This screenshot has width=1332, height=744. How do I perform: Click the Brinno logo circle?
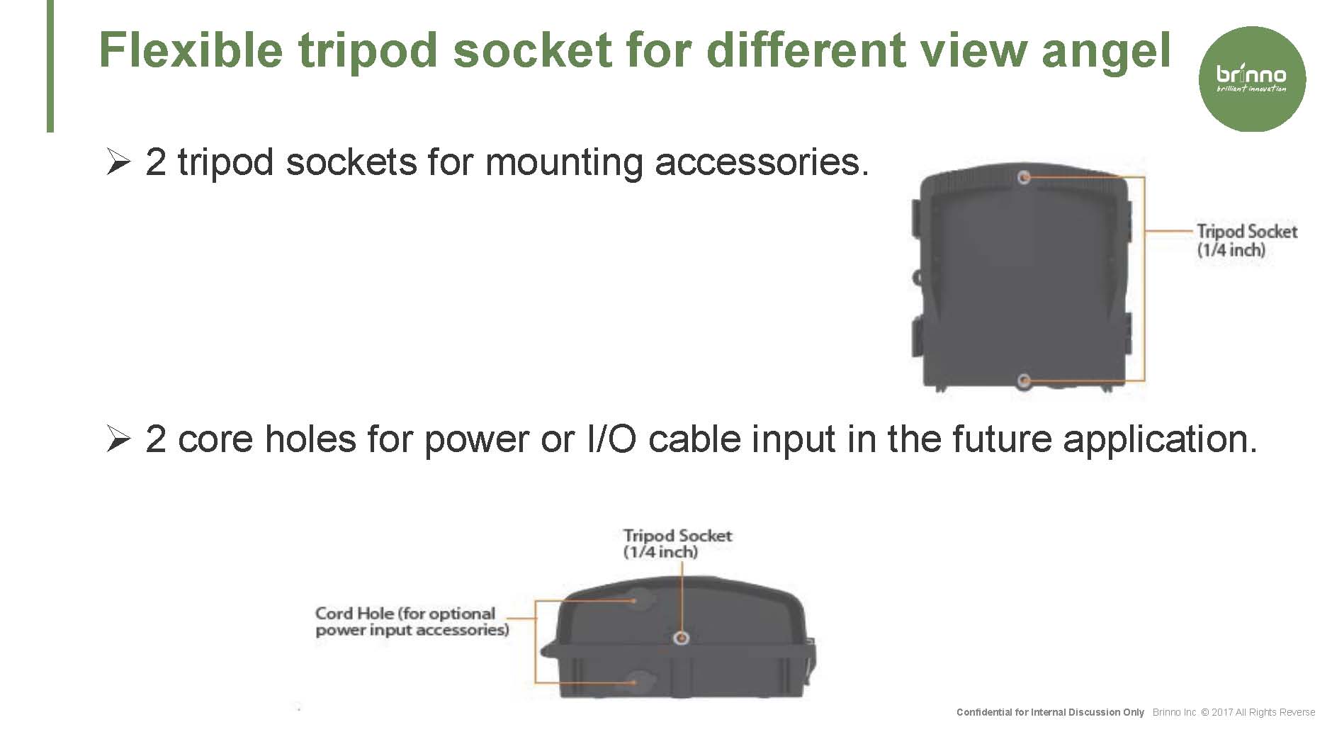(1252, 79)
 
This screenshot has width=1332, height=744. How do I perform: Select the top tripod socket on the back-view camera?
(1024, 177)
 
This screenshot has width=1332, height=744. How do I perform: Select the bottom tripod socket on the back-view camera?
(1024, 381)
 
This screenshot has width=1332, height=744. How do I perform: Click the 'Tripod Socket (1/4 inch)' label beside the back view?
(1247, 240)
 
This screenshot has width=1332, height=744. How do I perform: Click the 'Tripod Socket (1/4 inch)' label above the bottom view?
(677, 543)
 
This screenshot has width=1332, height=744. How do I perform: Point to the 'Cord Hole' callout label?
(412, 621)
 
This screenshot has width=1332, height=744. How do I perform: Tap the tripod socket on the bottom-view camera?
(681, 638)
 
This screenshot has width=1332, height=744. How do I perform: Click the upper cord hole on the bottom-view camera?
(641, 599)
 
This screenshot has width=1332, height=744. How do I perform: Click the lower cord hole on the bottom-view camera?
(641, 682)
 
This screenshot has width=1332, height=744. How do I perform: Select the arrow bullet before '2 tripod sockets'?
(118, 162)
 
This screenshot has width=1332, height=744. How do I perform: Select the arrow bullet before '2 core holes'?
(118, 439)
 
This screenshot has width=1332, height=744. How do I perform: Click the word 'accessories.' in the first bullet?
(762, 162)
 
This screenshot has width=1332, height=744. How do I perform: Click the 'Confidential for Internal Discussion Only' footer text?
(1050, 712)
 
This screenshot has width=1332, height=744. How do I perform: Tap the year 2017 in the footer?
(1221, 712)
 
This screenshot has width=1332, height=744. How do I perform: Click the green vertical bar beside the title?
(50, 66)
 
